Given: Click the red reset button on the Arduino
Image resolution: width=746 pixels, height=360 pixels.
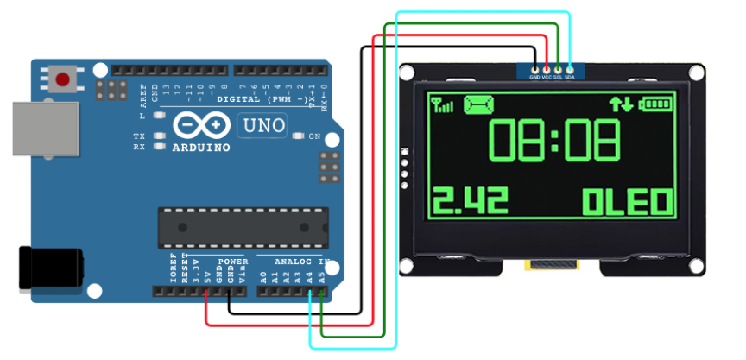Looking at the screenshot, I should pyautogui.click(x=62, y=80).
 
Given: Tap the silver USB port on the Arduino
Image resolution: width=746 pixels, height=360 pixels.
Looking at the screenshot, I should pyautogui.click(x=43, y=129).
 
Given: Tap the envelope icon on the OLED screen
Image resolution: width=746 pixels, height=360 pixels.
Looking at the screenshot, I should pyautogui.click(x=480, y=104).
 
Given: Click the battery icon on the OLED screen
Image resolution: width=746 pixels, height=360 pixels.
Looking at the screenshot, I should pyautogui.click(x=655, y=104).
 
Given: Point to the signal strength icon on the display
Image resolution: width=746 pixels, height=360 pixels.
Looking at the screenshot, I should pyautogui.click(x=442, y=105).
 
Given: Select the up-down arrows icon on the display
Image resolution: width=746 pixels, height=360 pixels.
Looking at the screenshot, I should pyautogui.click(x=621, y=104).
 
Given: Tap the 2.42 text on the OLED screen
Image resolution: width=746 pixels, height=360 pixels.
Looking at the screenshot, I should pyautogui.click(x=470, y=202).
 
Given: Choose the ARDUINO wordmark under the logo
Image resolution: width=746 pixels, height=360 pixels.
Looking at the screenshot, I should pyautogui.click(x=202, y=148).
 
